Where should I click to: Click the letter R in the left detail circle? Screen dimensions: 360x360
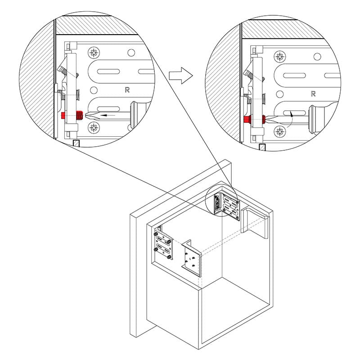pyautogui.click(x=127, y=90)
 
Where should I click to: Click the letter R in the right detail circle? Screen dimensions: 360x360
pyautogui.click(x=313, y=94)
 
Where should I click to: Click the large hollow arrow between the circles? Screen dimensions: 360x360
pyautogui.click(x=181, y=75)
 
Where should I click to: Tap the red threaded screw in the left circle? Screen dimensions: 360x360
pyautogui.click(x=80, y=115)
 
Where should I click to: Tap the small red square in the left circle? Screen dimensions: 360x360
pyautogui.click(x=63, y=116)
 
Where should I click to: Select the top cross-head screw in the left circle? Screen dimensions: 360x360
pyautogui.click(x=94, y=53)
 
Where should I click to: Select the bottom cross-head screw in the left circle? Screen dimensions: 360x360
pyautogui.click(x=94, y=127)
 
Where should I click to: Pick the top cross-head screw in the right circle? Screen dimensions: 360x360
pyautogui.click(x=280, y=57)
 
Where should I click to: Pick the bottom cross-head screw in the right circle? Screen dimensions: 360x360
pyautogui.click(x=280, y=131)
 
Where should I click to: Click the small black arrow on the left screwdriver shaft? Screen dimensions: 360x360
pyautogui.click(x=108, y=115)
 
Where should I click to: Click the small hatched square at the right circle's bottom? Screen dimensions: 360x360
pyautogui.click(x=262, y=147)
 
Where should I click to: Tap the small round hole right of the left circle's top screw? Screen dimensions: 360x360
pyautogui.click(x=131, y=53)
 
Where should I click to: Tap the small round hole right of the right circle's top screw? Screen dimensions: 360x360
pyautogui.click(x=317, y=57)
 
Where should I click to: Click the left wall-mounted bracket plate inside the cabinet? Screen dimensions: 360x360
pyautogui.click(x=163, y=245)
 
